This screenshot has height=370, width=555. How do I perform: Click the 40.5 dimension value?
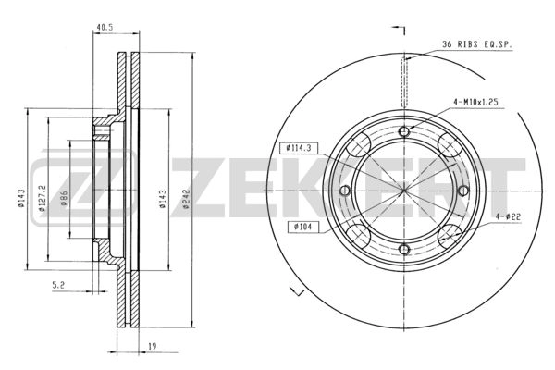click(104, 27)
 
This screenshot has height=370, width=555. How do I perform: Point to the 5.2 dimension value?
click(58, 286)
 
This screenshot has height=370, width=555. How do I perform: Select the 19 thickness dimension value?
click(152, 347)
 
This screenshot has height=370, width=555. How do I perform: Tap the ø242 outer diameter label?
click(187, 199)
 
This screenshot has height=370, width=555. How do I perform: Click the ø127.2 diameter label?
click(43, 198)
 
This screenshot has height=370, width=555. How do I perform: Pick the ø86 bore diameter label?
click(64, 198)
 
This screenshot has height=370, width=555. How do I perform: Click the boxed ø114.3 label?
click(299, 148)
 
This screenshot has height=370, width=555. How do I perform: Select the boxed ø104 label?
click(303, 227)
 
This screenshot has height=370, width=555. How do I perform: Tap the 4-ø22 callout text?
click(508, 216)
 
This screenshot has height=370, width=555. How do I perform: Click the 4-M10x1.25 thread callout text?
click(475, 103)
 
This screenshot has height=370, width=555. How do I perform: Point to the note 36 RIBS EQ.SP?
click(477, 44)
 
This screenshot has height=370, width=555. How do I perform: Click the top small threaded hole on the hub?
click(404, 131)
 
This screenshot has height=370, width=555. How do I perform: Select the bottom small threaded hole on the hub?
click(404, 249)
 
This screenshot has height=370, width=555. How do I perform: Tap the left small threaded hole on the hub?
click(345, 191)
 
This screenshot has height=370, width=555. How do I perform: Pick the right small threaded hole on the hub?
click(463, 191)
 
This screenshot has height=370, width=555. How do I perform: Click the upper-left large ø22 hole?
click(359, 145)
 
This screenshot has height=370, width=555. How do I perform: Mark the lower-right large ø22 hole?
click(450, 236)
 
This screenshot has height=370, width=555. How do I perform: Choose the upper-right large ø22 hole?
click(450, 145)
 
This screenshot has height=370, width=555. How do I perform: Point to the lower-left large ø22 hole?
click(359, 236)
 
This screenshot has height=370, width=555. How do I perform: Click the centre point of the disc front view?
click(404, 191)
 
